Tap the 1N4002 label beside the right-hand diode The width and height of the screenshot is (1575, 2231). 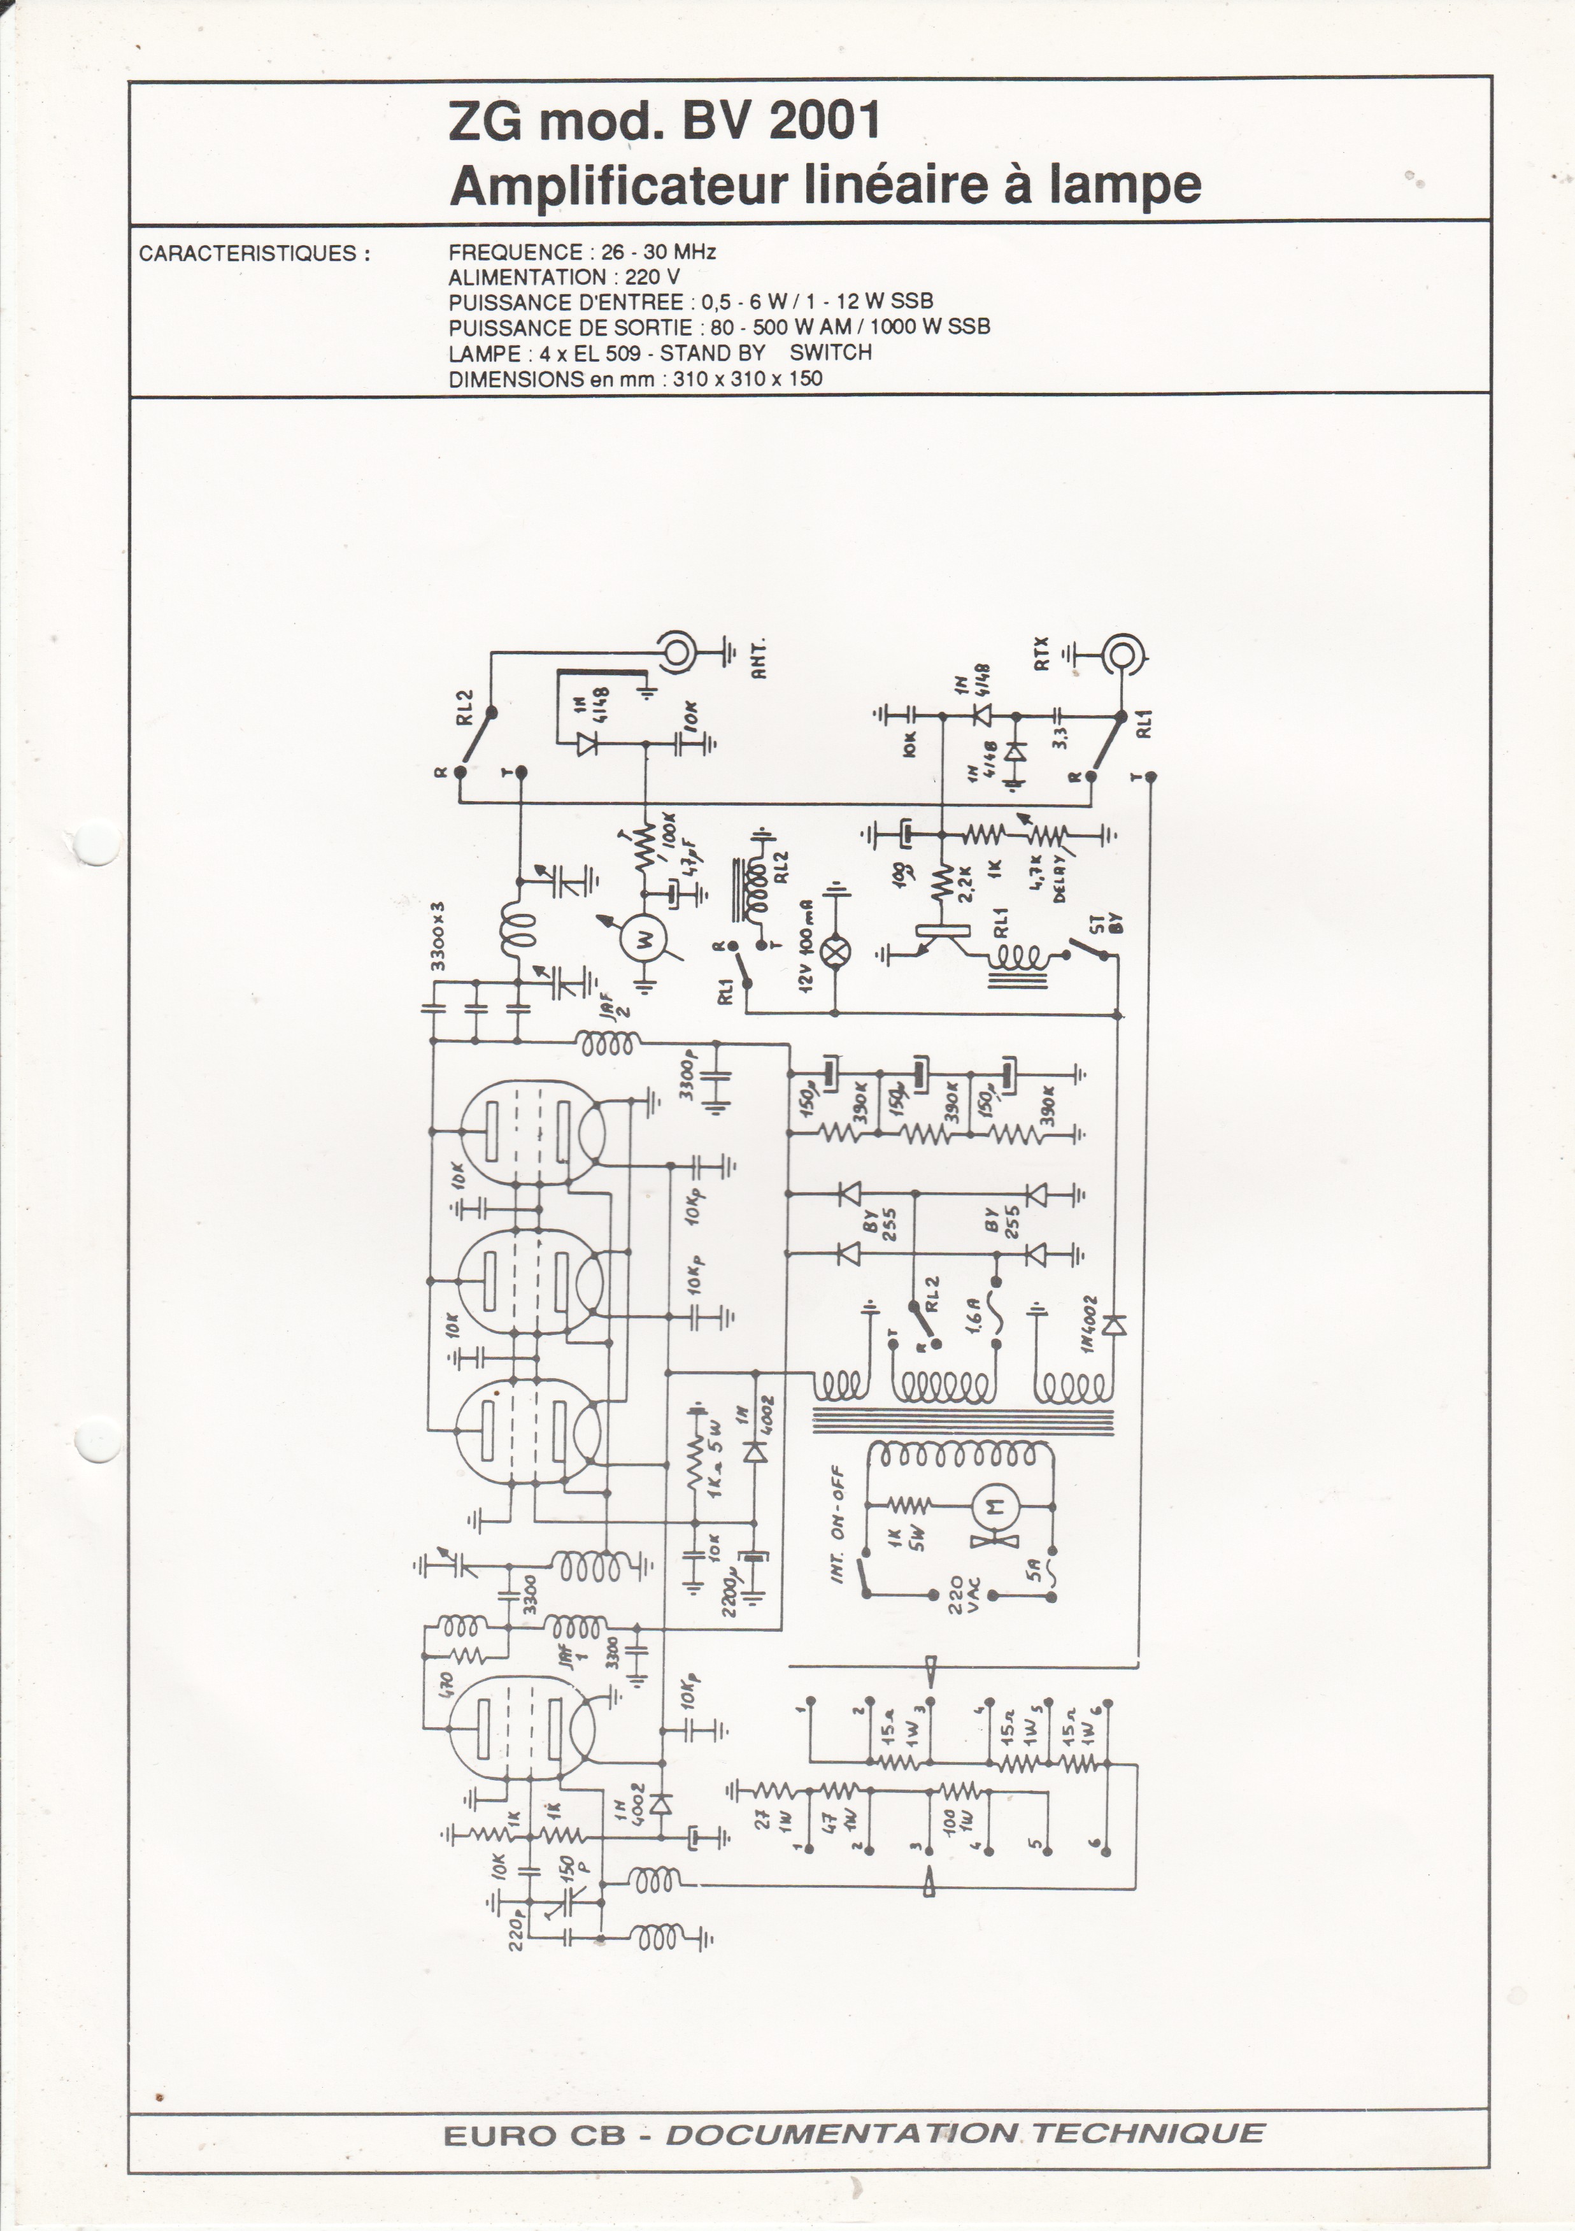[x=1087, y=1325]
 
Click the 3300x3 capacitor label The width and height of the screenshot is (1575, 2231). [x=438, y=936]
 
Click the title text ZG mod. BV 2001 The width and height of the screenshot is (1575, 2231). [x=665, y=122]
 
